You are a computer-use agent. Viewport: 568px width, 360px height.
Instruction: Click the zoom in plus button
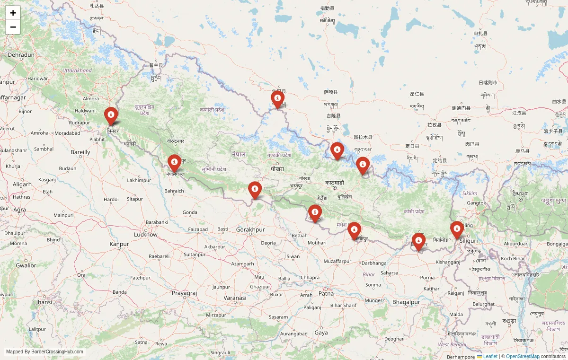tap(13, 13)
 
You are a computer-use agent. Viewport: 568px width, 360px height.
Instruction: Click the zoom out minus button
tap(13, 27)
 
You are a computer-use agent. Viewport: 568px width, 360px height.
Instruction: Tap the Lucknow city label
tap(146, 235)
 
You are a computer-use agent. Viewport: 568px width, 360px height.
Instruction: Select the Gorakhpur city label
tap(250, 229)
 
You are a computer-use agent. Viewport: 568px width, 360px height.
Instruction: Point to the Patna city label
tap(326, 293)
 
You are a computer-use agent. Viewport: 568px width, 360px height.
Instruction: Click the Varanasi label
tap(235, 298)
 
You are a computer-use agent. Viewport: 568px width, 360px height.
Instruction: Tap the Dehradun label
tap(21, 55)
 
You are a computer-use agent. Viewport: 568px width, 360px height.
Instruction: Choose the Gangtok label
tap(476, 203)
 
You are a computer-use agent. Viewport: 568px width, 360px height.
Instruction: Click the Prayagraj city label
tap(184, 293)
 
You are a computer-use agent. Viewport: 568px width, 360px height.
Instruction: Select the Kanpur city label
tap(119, 244)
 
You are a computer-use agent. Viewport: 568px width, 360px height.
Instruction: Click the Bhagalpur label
tap(406, 302)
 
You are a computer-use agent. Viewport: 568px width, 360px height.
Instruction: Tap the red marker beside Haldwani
tap(111, 115)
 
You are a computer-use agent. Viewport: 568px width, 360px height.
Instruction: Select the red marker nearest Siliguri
tap(457, 230)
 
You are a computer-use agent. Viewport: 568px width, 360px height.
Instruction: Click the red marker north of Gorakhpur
tap(255, 190)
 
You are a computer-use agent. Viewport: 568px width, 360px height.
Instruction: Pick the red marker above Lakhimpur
tap(174, 163)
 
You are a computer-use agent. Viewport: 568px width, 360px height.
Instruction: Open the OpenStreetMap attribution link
tap(523, 356)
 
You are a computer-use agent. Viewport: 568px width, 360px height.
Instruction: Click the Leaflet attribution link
tap(489, 356)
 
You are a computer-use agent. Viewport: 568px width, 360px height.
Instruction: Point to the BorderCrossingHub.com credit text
tap(44, 352)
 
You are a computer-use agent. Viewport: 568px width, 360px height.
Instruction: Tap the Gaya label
tap(321, 333)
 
